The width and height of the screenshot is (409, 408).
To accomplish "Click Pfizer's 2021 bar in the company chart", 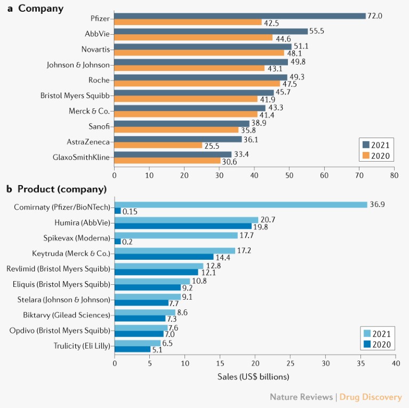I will (x=240, y=15).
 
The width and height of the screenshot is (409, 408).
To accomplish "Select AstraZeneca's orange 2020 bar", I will (x=158, y=146).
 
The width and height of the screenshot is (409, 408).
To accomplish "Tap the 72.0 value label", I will (x=375, y=16).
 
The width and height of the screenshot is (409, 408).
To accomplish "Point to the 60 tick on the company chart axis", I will (x=324, y=174).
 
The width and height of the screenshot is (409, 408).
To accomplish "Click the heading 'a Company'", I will (x=35, y=9).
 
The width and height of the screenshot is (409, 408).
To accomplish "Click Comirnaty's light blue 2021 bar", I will (x=241, y=205).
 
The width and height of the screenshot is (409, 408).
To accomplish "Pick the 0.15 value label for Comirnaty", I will (x=131, y=212).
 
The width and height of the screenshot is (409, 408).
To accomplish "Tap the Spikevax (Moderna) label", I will (x=77, y=238).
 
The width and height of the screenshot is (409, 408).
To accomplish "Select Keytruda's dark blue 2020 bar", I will (x=164, y=257).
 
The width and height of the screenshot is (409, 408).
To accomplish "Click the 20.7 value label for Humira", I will (x=268, y=220).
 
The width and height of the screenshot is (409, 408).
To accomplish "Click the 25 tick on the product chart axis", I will (x=291, y=364).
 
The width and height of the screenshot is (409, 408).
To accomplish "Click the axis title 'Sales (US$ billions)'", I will (x=254, y=377).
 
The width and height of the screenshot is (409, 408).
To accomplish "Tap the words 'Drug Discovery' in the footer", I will (x=371, y=397).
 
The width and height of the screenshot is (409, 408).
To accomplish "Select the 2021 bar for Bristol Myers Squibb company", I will (x=194, y=93).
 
